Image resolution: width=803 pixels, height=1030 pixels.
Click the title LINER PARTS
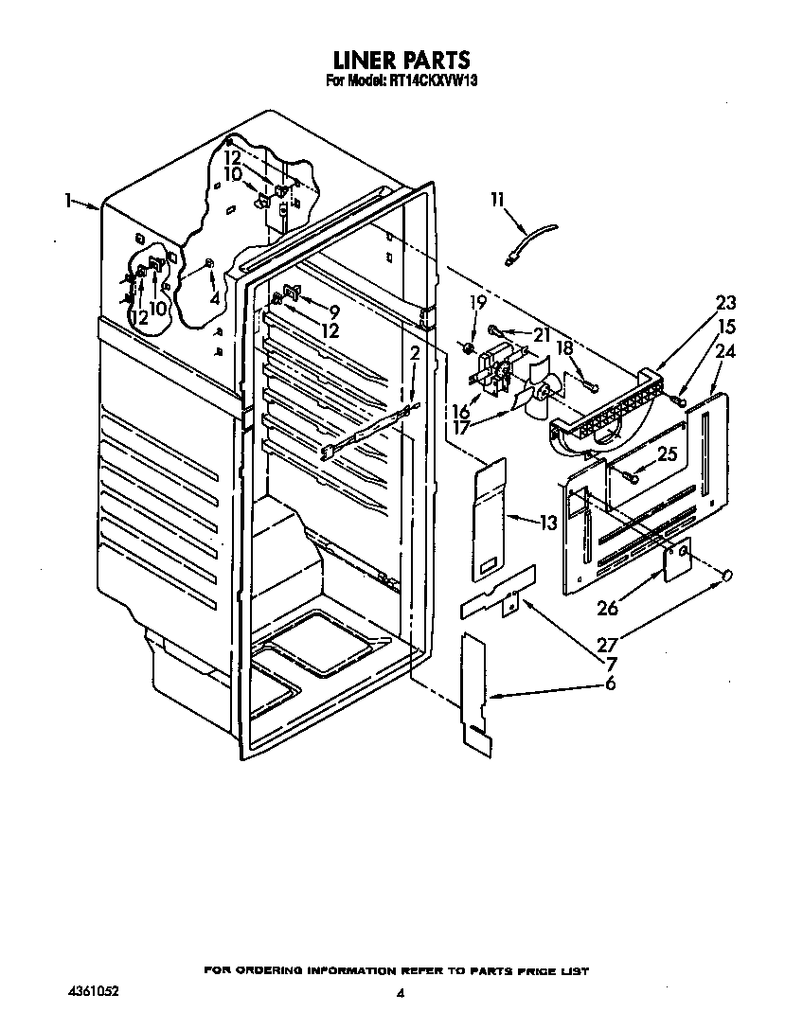pos(401,60)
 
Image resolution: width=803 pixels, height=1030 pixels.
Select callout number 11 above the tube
pos(498,199)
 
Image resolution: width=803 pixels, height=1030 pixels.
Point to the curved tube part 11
pos(530,241)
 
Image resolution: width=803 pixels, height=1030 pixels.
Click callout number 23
pos(725,303)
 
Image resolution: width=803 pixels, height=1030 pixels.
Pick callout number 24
pos(725,351)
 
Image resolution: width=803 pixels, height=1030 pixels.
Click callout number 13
pos(548,524)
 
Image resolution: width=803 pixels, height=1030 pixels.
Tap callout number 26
pos(607,609)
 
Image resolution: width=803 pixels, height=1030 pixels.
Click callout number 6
pos(611,684)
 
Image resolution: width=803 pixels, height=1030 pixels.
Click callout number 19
pos(478,302)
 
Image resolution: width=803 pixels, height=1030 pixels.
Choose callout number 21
pos(541,335)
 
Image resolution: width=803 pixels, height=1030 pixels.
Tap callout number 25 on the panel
pos(667,453)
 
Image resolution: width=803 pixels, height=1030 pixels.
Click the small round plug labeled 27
pos(727,577)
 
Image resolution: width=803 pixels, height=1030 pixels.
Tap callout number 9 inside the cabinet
pos(334,312)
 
